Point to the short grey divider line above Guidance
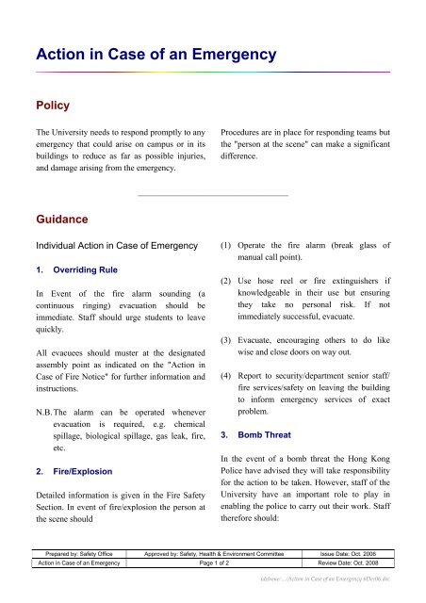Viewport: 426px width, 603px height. click(212, 195)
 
